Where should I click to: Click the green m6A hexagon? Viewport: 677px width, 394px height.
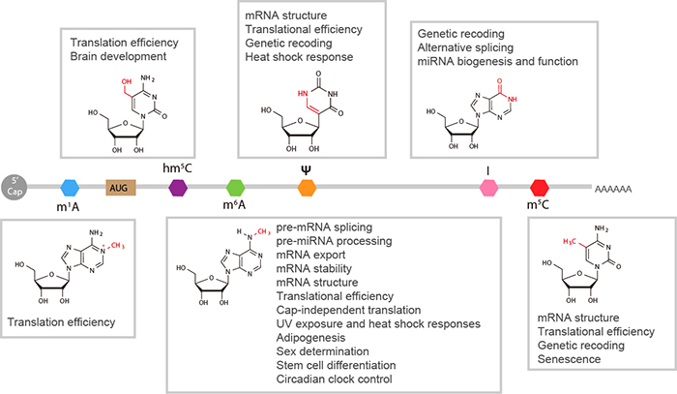click(235, 186)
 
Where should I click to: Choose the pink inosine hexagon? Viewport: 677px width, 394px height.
click(487, 186)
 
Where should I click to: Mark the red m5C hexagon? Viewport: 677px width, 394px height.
click(540, 186)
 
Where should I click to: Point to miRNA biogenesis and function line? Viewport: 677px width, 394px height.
click(497, 62)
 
